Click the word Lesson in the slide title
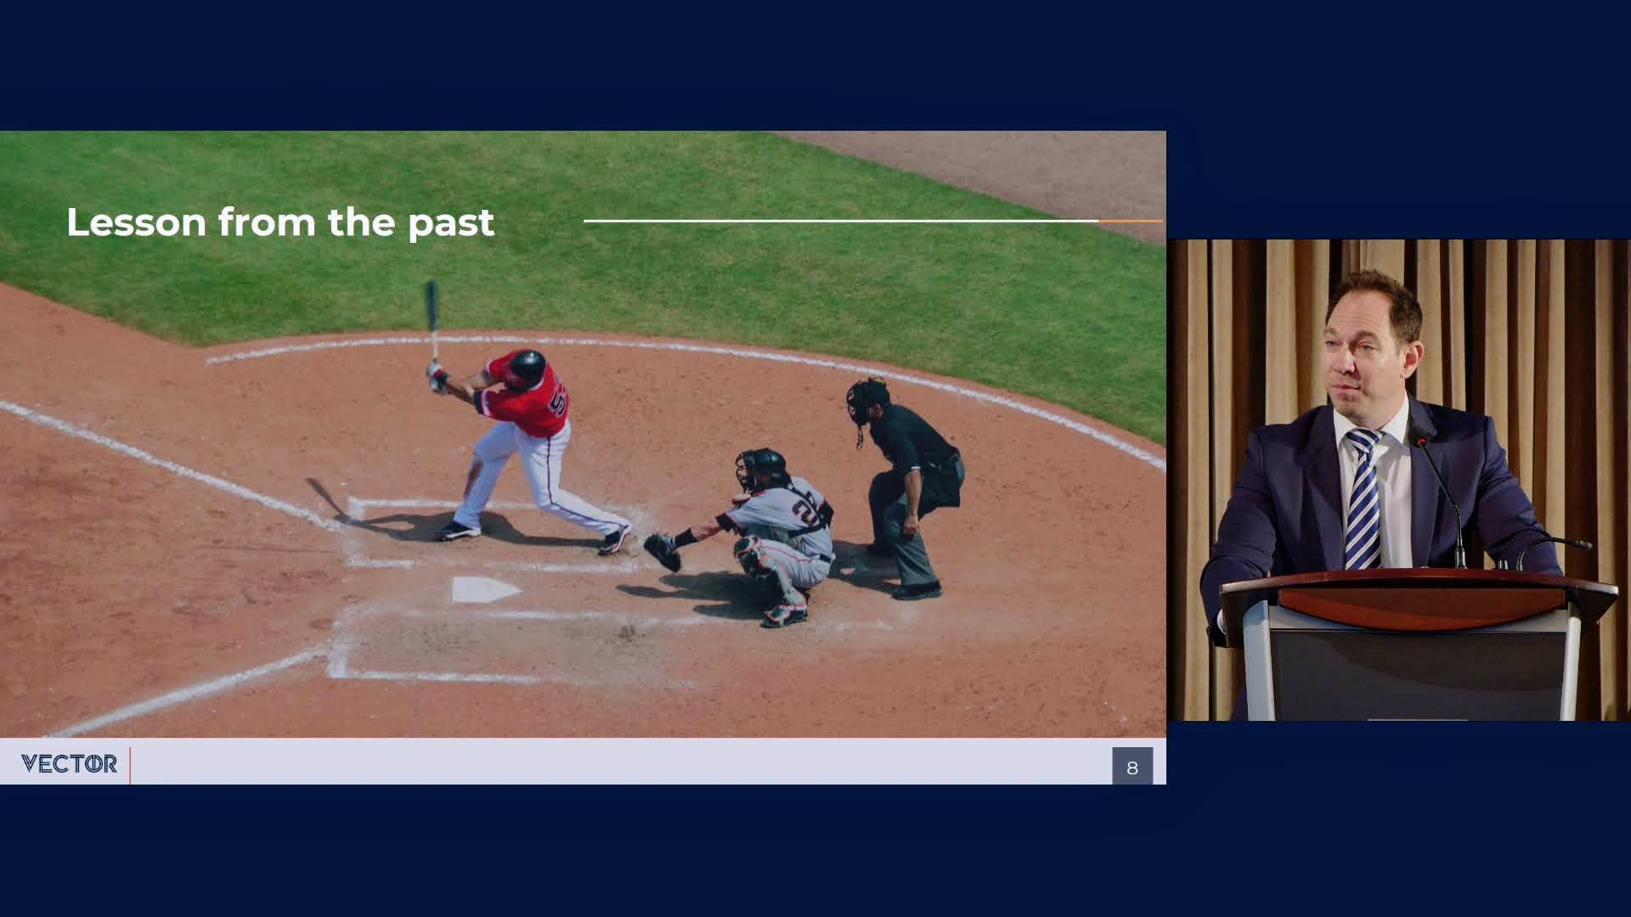coord(136,222)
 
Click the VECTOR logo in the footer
coord(69,764)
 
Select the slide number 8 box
coord(1132,766)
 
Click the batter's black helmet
coord(527,366)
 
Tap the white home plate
coord(485,588)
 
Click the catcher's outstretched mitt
coord(663,551)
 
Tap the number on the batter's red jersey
coord(560,400)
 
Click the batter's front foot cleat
coord(457,532)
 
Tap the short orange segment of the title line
coord(1130,221)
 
